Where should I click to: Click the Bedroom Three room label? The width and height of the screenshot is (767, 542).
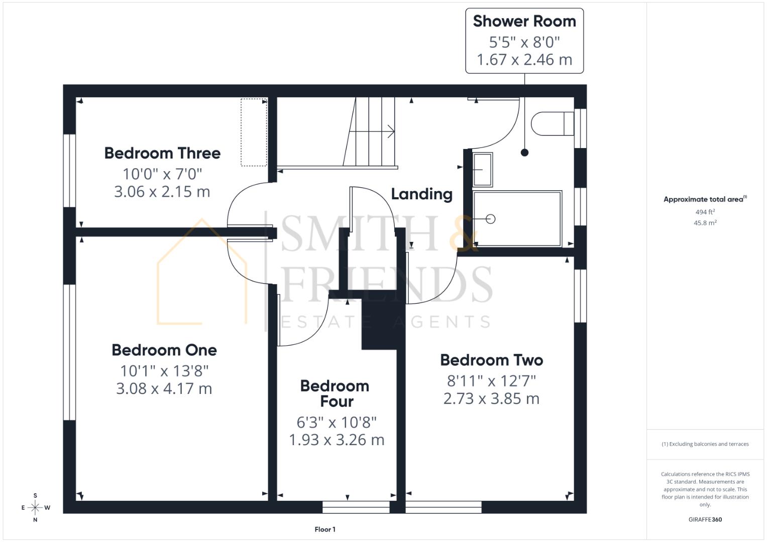tap(162, 153)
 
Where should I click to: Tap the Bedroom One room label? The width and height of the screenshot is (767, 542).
tap(164, 350)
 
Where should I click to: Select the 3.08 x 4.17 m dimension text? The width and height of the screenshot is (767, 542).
tap(164, 388)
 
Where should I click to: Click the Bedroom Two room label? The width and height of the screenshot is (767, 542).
tap(491, 360)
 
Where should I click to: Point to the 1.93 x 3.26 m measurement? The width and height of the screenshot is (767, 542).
tap(337, 440)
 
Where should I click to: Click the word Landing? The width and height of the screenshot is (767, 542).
tap(421, 194)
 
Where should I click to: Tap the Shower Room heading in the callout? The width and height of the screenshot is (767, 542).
tap(524, 22)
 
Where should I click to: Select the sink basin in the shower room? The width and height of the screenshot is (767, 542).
tap(482, 170)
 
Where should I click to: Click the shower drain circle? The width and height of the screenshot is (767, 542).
tap(491, 219)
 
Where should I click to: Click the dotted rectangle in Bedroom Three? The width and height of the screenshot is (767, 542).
tap(254, 132)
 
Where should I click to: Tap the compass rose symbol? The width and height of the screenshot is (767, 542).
tap(35, 508)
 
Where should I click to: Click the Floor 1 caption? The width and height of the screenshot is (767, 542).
tap(325, 529)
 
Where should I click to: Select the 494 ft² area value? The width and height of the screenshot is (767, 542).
tap(705, 212)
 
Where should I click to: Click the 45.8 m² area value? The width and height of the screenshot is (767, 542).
tap(705, 223)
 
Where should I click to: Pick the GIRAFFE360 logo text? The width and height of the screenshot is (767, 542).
tap(705, 519)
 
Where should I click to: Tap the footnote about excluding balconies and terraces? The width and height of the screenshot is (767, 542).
tap(705, 444)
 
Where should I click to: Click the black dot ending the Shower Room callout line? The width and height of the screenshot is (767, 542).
tap(524, 153)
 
